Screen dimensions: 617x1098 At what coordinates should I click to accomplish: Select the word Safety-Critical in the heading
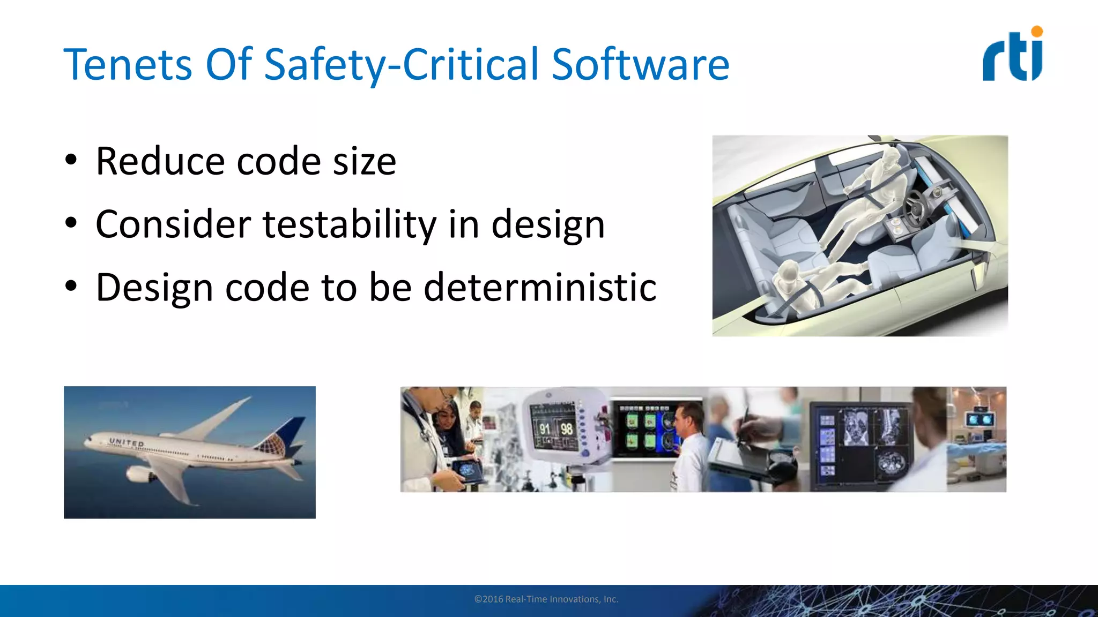tap(401, 64)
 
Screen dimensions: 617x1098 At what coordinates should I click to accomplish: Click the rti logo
tap(1012, 56)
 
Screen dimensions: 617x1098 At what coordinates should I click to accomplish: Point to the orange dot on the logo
tap(1037, 32)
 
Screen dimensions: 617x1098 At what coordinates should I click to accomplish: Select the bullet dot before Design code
tap(71, 286)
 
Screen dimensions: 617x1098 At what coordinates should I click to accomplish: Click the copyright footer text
tap(546, 599)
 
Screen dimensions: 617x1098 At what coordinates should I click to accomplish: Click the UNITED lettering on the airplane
tap(127, 442)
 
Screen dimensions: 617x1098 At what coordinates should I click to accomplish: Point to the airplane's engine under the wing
tap(138, 473)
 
